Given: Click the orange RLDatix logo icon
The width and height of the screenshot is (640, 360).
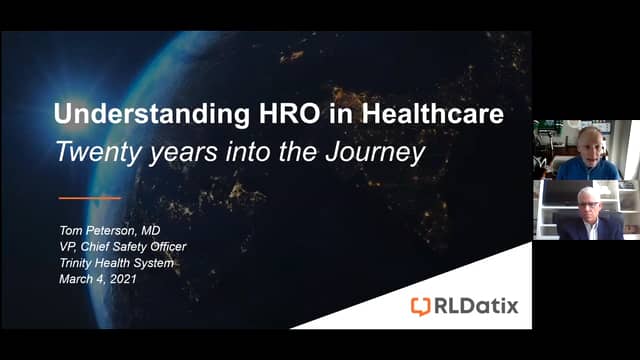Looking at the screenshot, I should click(x=421, y=306).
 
